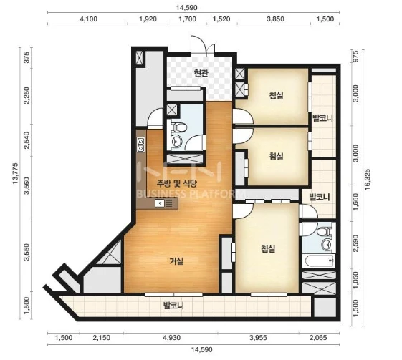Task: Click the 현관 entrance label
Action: click(201, 74)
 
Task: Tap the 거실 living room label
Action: click(176, 261)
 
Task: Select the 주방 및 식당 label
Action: click(177, 183)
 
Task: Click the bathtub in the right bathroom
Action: click(318, 261)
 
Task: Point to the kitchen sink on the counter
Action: click(160, 203)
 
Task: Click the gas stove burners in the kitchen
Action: click(140, 145)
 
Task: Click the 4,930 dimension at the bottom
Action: click(171, 338)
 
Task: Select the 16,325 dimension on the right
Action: click(368, 179)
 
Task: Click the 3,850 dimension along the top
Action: click(275, 19)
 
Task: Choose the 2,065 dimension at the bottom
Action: click(318, 338)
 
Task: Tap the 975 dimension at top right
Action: click(355, 56)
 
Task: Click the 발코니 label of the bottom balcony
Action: click(174, 306)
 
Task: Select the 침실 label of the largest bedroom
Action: click(268, 248)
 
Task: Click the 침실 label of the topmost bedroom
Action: click(277, 95)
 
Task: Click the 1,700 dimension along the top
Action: click(187, 19)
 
